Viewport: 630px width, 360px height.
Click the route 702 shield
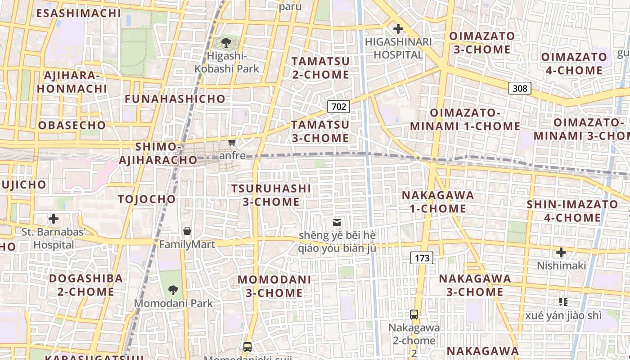[338, 107]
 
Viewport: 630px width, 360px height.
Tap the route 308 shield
[520, 88]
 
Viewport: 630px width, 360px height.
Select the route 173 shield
[422, 258]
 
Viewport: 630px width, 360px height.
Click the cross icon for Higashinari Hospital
[398, 29]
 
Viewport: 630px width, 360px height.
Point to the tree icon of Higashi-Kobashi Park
[226, 43]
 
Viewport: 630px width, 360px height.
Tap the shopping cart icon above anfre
[232, 143]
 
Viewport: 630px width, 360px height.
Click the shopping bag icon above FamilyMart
[187, 231]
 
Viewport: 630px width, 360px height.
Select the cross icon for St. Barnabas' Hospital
[54, 219]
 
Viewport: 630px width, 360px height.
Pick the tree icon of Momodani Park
[173, 290]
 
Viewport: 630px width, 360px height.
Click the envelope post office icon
[337, 222]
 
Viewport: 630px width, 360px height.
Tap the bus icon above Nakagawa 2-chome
[414, 315]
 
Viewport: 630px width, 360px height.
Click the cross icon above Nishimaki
[561, 252]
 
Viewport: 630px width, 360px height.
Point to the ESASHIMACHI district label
[79, 13]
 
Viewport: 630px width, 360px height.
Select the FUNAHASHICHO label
[175, 99]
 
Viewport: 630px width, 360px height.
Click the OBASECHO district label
[72, 125]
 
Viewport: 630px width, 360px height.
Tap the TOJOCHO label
[147, 199]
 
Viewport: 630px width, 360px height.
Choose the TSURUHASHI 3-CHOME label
[271, 195]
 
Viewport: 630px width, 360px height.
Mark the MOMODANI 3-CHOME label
[274, 286]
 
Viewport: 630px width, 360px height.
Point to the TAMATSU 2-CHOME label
[320, 68]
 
